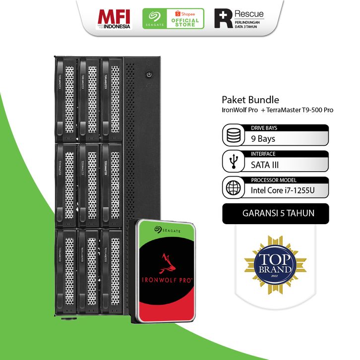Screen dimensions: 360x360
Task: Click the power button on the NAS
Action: point(149,75)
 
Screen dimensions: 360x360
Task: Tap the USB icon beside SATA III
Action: point(233,162)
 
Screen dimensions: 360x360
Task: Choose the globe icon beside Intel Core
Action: point(233,188)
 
